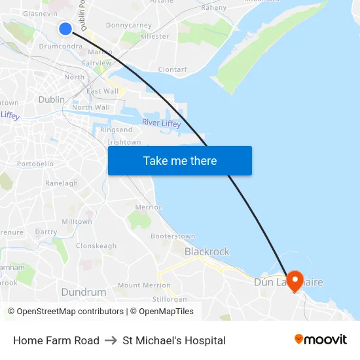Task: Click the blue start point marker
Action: click(65, 28)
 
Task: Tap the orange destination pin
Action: click(295, 280)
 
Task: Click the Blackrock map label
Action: click(207, 251)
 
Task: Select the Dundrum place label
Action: click(83, 292)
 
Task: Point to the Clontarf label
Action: click(172, 69)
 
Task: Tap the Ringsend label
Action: click(116, 130)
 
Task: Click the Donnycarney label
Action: click(128, 26)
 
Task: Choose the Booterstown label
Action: click(173, 236)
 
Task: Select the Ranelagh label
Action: click(62, 183)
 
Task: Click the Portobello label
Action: click(35, 164)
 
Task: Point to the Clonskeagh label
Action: click(96, 246)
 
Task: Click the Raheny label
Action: click(213, 8)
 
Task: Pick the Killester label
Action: click(154, 37)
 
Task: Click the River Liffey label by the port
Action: click(161, 123)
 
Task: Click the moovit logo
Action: click(320, 340)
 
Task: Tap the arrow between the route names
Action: click(111, 340)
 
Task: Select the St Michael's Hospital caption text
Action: click(174, 340)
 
